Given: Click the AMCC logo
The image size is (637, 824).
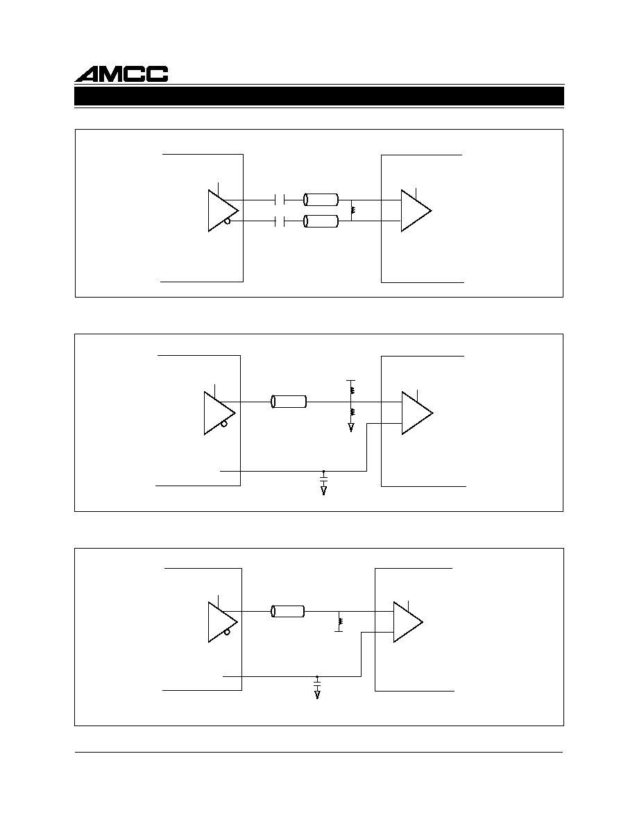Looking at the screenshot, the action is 121,74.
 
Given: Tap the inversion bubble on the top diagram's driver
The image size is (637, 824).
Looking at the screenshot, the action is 227,221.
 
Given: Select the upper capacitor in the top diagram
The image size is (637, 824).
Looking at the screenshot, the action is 280,200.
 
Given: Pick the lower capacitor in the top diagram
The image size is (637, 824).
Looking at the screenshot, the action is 280,221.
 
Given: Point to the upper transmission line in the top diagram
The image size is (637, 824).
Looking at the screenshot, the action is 321,200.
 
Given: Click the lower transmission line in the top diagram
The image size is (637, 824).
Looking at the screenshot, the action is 321,221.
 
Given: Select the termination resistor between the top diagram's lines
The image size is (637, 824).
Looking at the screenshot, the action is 353,210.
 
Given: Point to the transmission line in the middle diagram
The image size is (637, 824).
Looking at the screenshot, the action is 289,402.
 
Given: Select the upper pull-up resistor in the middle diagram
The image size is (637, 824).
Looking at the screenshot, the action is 352,391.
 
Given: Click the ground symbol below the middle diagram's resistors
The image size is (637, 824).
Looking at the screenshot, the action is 351,427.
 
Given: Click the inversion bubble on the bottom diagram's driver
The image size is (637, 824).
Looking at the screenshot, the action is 227,632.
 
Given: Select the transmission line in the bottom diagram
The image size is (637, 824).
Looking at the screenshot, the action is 288,611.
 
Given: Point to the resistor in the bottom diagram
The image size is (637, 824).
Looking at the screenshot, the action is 340,621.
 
